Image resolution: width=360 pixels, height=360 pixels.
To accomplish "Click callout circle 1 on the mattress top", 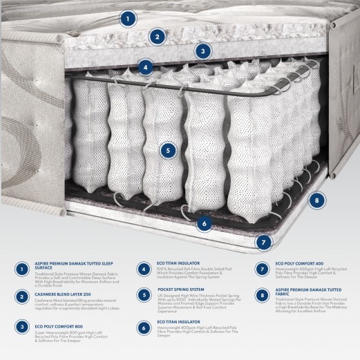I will point(126,19).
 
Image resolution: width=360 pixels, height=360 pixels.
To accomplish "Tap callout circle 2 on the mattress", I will point(157,37).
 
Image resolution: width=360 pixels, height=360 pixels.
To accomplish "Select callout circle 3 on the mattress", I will point(202,50).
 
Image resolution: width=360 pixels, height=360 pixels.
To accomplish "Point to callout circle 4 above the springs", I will point(145,67).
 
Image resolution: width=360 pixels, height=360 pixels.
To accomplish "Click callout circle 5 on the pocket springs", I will point(165,149).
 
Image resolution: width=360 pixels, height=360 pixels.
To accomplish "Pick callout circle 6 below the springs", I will point(203,222).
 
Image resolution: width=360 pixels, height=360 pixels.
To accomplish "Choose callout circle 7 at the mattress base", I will point(262,242).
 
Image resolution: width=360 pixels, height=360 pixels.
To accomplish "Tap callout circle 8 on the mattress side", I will point(316,201).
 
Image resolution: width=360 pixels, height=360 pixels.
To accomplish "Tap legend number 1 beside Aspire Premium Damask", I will point(22,269).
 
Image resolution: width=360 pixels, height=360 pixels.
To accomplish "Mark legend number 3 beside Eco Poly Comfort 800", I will point(22,328).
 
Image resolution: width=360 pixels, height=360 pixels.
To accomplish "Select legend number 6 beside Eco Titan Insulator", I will point(143,328).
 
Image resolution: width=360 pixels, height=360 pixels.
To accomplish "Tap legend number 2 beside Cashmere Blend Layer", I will point(22,298).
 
